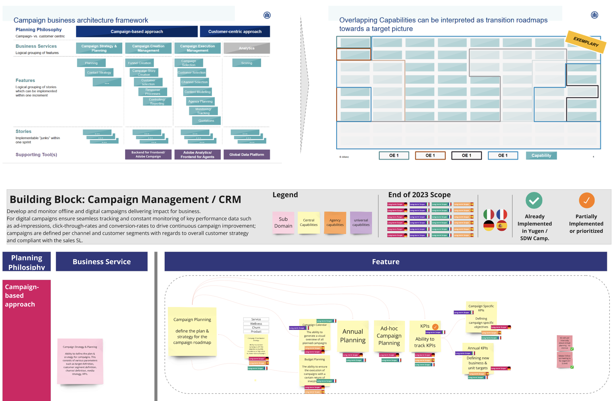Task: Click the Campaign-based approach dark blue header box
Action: pyautogui.click(x=137, y=32)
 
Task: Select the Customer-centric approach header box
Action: pyautogui.click(x=235, y=32)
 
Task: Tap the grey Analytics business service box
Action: pyautogui.click(x=247, y=48)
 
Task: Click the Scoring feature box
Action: pyautogui.click(x=247, y=63)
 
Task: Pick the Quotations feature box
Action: pyautogui.click(x=206, y=121)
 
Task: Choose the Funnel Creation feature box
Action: pyautogui.click(x=139, y=63)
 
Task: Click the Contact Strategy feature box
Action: pyautogui.click(x=99, y=73)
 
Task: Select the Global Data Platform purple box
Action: pyautogui.click(x=247, y=155)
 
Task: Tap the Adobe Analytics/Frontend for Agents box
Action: pyautogui.click(x=197, y=155)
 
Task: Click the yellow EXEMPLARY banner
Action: pyautogui.click(x=586, y=42)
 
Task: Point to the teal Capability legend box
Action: pyautogui.click(x=541, y=156)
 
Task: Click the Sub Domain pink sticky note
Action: pyautogui.click(x=283, y=223)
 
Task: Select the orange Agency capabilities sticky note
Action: pyautogui.click(x=335, y=223)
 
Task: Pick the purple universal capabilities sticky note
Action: pyautogui.click(x=361, y=223)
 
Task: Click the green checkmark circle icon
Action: pyautogui.click(x=534, y=200)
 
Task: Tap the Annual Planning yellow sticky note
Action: pyautogui.click(x=353, y=336)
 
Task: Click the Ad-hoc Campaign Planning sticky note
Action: pyautogui.click(x=389, y=336)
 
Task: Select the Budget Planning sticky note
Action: pyautogui.click(x=315, y=369)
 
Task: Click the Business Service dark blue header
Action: pyautogui.click(x=102, y=262)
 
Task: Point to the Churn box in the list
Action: pyautogui.click(x=256, y=327)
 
